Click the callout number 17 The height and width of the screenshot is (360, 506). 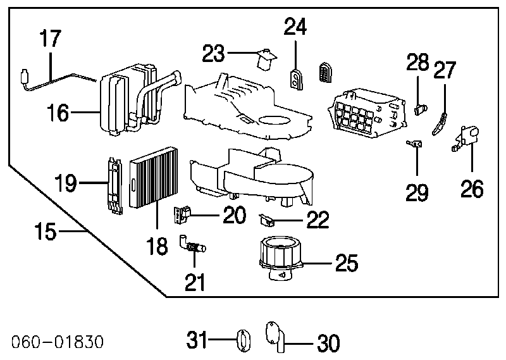[50, 38]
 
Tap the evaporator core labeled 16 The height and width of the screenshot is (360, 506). [139, 99]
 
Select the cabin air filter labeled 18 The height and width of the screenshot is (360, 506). [154, 178]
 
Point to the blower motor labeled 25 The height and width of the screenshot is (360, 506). [280, 258]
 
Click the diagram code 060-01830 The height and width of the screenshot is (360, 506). [58, 342]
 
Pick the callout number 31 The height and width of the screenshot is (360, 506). [197, 340]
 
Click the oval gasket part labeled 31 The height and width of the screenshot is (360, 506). [244, 340]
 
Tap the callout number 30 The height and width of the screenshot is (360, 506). [328, 343]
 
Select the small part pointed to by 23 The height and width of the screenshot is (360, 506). [266, 59]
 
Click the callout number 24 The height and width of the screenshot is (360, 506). [295, 26]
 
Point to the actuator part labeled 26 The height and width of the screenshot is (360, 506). [465, 138]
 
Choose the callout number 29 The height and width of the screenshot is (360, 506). [417, 192]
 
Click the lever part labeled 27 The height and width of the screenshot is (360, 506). [440, 124]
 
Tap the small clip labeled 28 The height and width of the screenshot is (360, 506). [421, 110]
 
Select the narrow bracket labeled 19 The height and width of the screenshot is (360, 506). [115, 186]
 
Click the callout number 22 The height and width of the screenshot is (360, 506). [318, 220]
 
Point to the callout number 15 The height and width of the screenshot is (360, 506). [46, 230]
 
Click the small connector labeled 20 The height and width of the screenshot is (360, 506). [182, 214]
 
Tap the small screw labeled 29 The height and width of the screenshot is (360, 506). [414, 144]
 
